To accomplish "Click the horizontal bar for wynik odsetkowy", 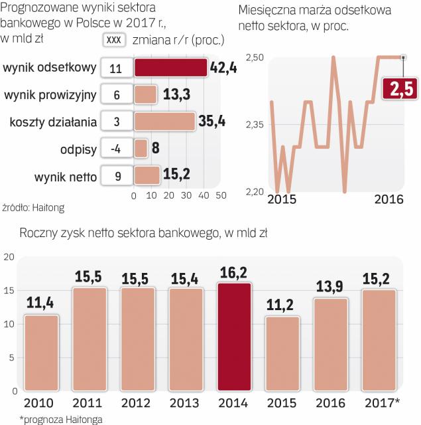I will pyautogui.click(x=170, y=68).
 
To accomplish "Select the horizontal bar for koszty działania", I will pyautogui.click(x=164, y=122).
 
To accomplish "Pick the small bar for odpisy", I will pyautogui.click(x=141, y=148).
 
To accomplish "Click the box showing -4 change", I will pyautogui.click(x=116, y=148).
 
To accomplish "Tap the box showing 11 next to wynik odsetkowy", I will pyautogui.click(x=116, y=68).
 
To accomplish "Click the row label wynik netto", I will pyautogui.click(x=66, y=176).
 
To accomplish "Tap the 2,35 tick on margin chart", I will pyautogui.click(x=255, y=125).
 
